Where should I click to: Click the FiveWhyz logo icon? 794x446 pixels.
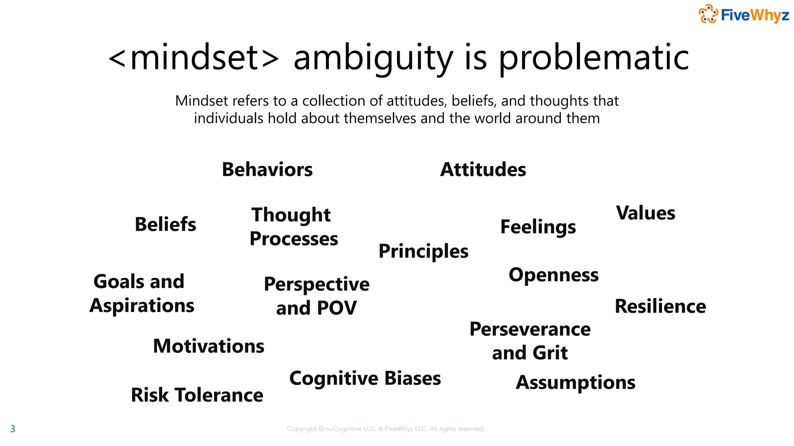click(x=708, y=14)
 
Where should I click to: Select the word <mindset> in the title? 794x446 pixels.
click(x=193, y=58)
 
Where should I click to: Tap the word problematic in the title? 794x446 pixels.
click(x=594, y=58)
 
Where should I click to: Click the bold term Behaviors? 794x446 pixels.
click(x=267, y=170)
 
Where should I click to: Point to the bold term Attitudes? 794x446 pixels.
click(x=483, y=170)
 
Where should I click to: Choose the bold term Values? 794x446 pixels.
click(x=646, y=213)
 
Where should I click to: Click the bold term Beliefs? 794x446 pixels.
click(x=166, y=225)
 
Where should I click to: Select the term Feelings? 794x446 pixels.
click(x=538, y=227)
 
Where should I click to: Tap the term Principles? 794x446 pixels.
click(x=423, y=251)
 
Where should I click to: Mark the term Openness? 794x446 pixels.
click(x=554, y=275)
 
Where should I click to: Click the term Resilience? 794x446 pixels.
click(x=660, y=306)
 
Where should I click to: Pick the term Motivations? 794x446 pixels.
click(x=209, y=346)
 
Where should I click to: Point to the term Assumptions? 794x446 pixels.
click(x=575, y=383)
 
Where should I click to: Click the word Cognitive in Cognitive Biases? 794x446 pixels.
click(x=334, y=378)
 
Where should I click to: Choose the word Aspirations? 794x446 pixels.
click(x=142, y=306)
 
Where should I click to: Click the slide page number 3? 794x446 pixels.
click(x=13, y=429)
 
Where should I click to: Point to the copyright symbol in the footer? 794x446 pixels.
click(x=321, y=429)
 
